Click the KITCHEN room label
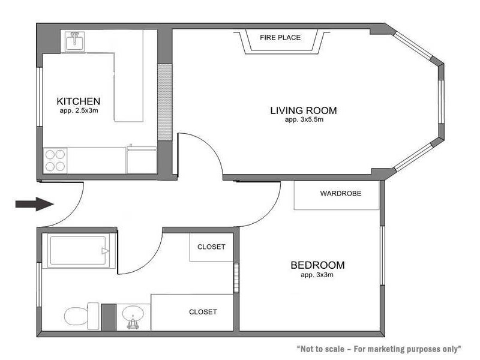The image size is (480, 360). [x=78, y=101]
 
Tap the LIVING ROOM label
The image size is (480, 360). [x=303, y=110]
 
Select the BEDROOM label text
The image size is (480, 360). [x=317, y=265]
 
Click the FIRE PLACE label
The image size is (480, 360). [x=280, y=38]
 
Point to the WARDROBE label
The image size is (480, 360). [x=340, y=194]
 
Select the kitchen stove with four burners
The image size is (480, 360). [x=55, y=160]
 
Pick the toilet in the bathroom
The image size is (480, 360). [x=80, y=315]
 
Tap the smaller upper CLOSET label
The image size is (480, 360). [x=211, y=247]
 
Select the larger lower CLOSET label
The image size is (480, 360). [x=203, y=312]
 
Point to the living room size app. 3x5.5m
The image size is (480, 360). [x=303, y=120]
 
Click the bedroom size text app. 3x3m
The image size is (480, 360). [x=317, y=275]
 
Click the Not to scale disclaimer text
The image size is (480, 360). [x=379, y=349]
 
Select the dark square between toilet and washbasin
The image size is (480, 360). [x=109, y=316]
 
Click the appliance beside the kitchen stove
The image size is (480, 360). [x=142, y=160]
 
